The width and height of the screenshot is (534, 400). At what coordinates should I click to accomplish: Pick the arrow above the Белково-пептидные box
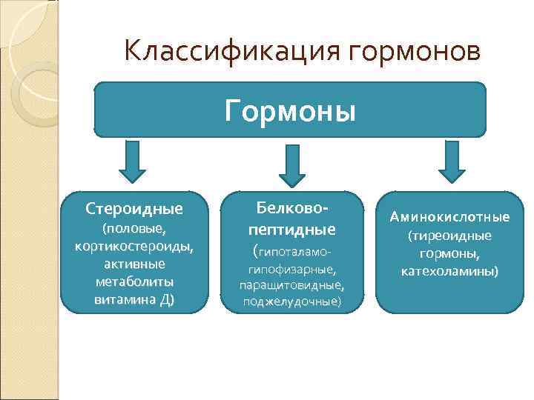[291, 164]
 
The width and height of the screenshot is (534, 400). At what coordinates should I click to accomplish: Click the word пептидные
[291, 227]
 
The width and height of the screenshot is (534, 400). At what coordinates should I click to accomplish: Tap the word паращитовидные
[291, 285]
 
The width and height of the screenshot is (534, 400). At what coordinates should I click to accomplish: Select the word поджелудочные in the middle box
[291, 301]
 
